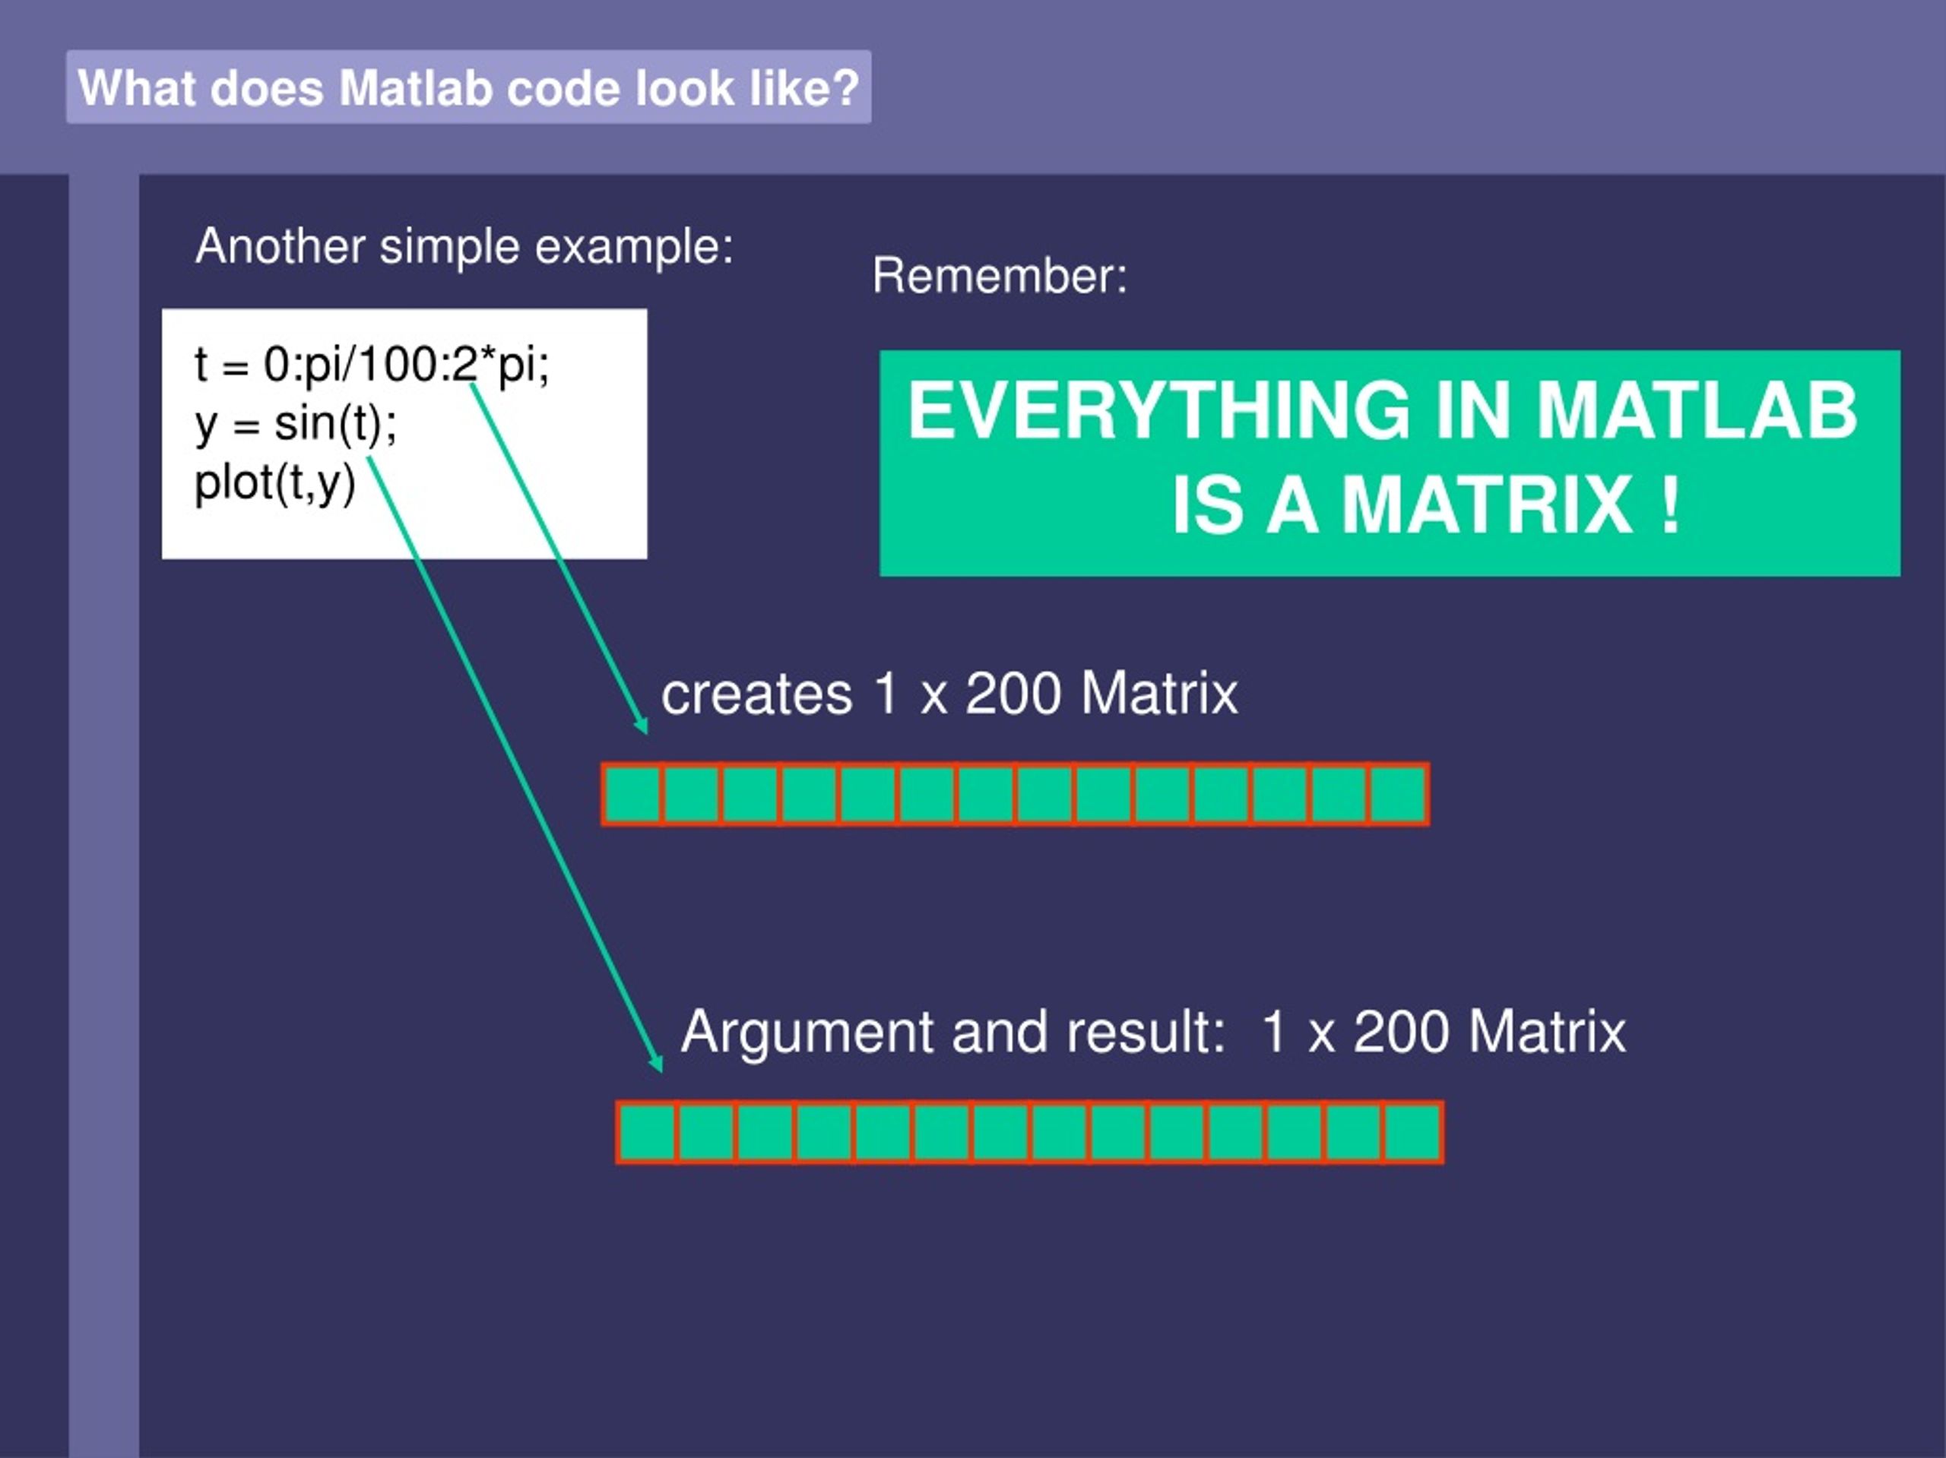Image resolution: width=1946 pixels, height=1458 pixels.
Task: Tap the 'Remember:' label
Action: (1000, 276)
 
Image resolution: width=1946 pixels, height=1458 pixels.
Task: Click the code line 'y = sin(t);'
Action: (296, 424)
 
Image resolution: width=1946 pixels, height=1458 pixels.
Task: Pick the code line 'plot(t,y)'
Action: (274, 482)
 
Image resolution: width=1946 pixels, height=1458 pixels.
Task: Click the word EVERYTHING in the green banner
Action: (1158, 411)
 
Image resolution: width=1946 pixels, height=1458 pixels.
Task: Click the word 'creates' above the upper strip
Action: (756, 694)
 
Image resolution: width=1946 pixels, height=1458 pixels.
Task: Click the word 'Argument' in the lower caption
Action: (806, 1033)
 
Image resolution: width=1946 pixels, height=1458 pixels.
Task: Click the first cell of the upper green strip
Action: (632, 795)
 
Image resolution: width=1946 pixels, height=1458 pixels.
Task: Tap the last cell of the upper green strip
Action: (1398, 795)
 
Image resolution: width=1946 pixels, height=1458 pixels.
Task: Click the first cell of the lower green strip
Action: (647, 1133)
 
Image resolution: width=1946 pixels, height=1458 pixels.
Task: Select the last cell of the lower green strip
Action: (1412, 1133)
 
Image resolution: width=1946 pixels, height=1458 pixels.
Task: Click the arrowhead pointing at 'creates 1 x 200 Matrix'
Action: (642, 725)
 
